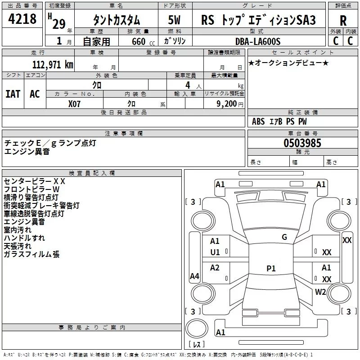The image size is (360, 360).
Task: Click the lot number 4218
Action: [22, 19]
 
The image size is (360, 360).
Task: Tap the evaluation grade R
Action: [343, 21]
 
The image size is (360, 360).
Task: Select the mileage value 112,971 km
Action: [52, 65]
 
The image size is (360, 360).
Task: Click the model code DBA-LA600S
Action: [258, 41]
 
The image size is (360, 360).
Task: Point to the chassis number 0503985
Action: [302, 143]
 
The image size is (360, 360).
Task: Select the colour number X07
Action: [75, 103]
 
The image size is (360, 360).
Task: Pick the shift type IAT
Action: [13, 94]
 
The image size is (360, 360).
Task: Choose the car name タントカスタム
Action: [116, 21]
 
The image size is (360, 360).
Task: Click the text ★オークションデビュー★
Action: [288, 63]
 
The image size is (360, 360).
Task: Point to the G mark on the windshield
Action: [284, 237]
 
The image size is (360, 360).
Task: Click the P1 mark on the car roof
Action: [271, 269]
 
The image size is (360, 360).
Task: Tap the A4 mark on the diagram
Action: [194, 276]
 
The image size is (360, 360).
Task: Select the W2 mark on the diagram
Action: [320, 292]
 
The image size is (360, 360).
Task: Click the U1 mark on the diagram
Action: [215, 252]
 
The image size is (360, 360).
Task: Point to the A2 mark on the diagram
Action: [215, 268]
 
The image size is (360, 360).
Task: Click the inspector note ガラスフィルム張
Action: [31, 255]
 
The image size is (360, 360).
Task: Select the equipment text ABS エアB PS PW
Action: [279, 121]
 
